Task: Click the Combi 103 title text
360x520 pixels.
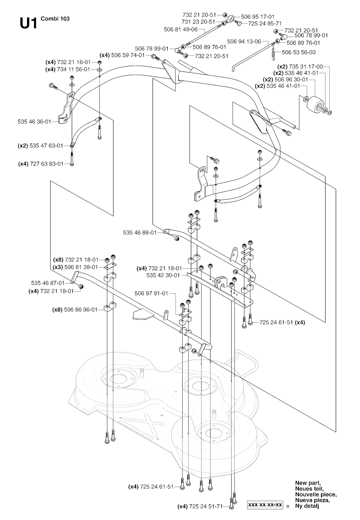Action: pos(55,19)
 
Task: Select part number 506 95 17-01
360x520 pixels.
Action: pos(258,17)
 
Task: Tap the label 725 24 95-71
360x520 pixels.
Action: pos(265,24)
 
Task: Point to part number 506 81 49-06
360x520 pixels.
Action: pos(181,30)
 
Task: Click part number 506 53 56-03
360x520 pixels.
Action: pos(299,52)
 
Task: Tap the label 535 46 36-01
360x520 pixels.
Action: pos(34,121)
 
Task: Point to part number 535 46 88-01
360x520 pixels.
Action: pos(140,233)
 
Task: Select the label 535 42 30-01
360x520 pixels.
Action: pos(163,275)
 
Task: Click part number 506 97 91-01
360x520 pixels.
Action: pos(152,293)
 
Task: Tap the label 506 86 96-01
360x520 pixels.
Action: pos(80,310)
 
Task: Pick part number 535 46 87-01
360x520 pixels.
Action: pos(48,283)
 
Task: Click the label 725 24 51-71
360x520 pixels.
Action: pos(206,506)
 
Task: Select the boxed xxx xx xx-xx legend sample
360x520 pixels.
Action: pos(265,505)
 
